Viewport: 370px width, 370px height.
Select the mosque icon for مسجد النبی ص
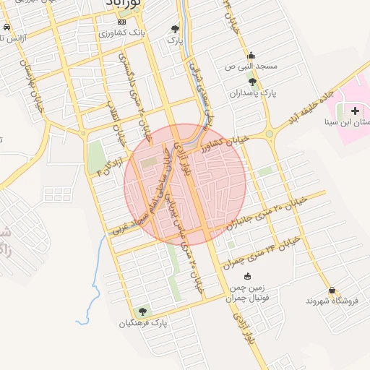pos(251,55)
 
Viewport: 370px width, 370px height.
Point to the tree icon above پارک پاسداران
pos(251,82)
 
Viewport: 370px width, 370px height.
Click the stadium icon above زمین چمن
pos(247,276)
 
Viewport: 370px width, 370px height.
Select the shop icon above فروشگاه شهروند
pos(332,290)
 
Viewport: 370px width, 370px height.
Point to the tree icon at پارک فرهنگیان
pos(142,311)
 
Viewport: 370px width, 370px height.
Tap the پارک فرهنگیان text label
pos(143,323)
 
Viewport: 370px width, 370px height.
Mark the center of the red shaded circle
pos(186,185)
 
